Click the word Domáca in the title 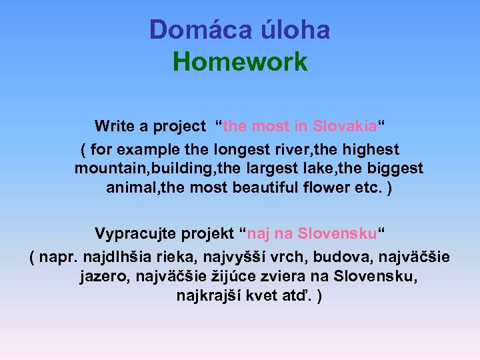pos(189,30)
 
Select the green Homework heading pos(240,62)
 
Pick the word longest pos(245,149)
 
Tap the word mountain pos(107,168)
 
